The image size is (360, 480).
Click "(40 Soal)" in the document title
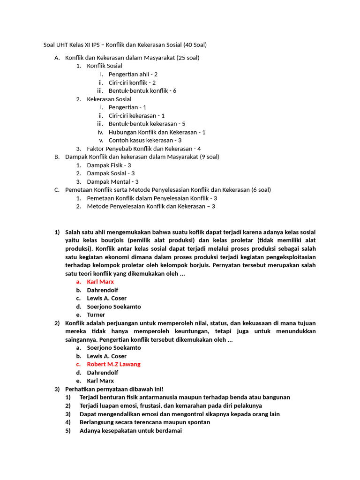[x=191, y=45]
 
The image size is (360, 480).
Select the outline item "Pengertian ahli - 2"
[x=133, y=74]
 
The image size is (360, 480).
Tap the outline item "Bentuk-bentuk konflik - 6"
[x=142, y=90]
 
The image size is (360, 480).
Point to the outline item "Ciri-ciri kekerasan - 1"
[x=136, y=115]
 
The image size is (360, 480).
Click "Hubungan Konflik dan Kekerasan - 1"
[x=157, y=132]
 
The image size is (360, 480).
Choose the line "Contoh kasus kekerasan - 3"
[x=145, y=140]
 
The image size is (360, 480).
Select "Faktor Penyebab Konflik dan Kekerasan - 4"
[x=144, y=149]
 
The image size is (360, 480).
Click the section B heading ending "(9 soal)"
[x=142, y=157]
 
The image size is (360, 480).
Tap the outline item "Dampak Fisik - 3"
[x=109, y=165]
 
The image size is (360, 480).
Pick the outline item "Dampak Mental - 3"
[x=112, y=181]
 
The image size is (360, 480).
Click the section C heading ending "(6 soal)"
[x=168, y=190]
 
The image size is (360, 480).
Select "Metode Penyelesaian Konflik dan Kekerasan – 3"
[x=151, y=206]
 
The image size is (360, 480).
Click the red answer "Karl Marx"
[x=100, y=282]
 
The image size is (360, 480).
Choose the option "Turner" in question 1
[x=96, y=315]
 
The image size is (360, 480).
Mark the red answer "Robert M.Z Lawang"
[x=113, y=364]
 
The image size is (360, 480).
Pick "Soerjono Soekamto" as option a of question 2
[x=114, y=348]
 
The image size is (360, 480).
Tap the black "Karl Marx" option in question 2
[x=100, y=381]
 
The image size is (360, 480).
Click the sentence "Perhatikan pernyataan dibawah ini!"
[x=114, y=389]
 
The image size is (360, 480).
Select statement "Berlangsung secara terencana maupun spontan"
[x=145, y=422]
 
